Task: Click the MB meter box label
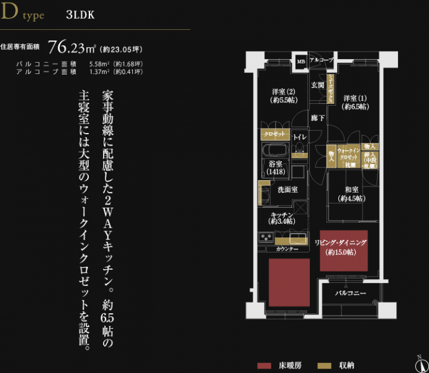tap(300, 61)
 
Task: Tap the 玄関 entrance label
tap(317, 85)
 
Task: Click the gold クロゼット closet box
tap(274, 134)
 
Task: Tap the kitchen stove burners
tap(266, 236)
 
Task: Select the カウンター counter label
tap(287, 249)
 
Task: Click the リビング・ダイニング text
tap(343, 243)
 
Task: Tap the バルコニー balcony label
tap(351, 292)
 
